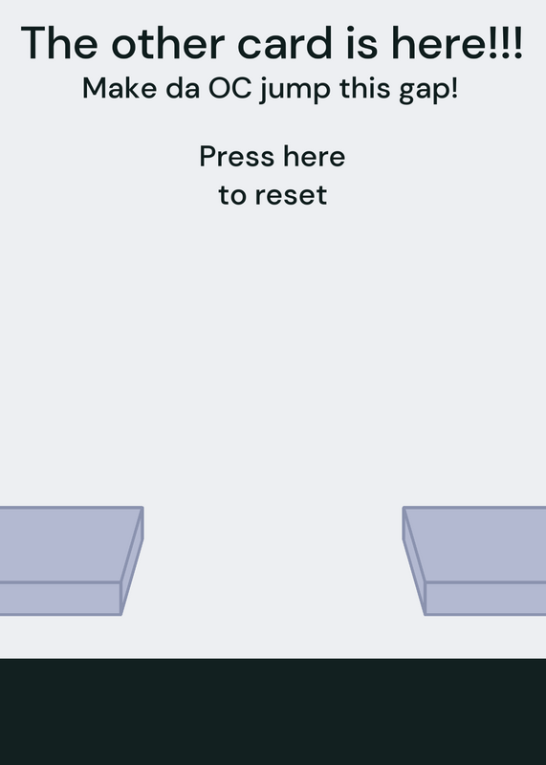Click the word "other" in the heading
point(167,43)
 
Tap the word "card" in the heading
point(285,43)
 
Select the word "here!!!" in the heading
point(457,43)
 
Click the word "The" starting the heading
point(59,43)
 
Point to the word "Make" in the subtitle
point(120,89)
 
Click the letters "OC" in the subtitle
point(230,89)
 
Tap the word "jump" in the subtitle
point(295,91)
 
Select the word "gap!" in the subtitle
point(428,91)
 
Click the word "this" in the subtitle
point(364,89)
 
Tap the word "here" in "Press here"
point(315,157)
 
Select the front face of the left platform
point(60,599)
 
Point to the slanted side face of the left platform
point(132,561)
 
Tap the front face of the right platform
point(486,599)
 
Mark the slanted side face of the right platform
point(414,561)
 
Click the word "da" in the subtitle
point(183,89)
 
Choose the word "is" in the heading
point(362,43)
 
